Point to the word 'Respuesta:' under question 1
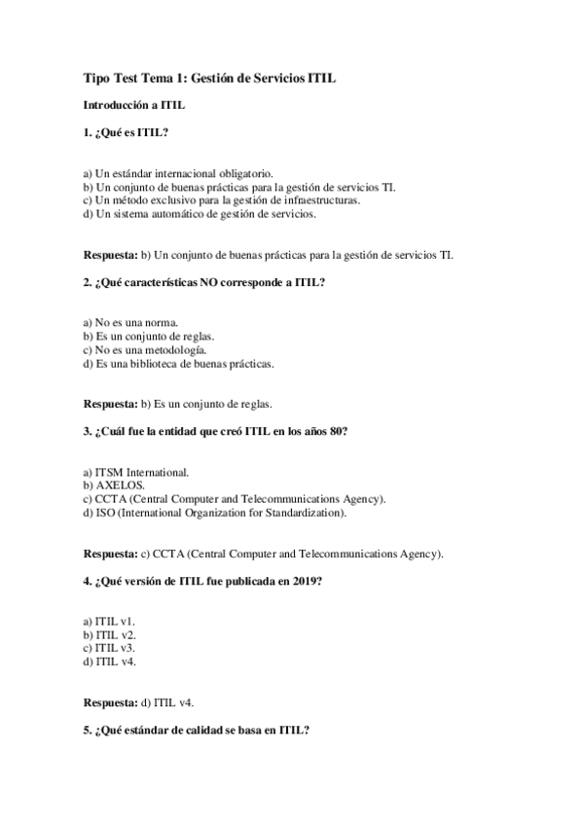pos(110,255)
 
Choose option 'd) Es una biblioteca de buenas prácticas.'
pos(178,363)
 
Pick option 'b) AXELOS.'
pos(114,484)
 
